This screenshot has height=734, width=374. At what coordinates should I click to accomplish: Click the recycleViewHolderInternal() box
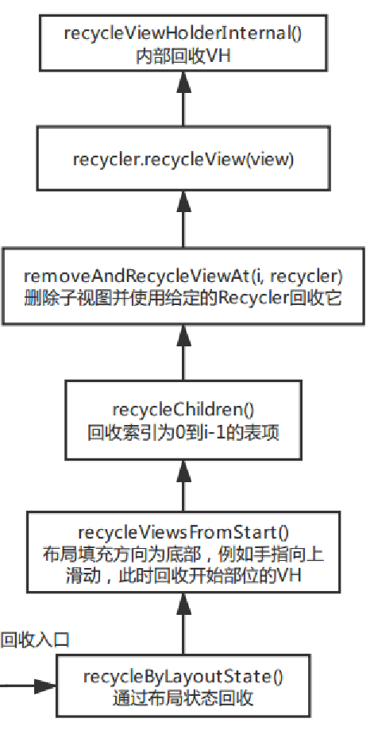(183, 44)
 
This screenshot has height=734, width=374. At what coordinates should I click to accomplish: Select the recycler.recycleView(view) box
(183, 160)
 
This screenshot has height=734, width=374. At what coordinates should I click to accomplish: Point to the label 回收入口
(35, 639)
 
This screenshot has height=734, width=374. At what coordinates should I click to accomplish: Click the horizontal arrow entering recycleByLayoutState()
(29, 684)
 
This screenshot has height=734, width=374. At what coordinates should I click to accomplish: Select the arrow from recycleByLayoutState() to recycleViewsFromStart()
(183, 623)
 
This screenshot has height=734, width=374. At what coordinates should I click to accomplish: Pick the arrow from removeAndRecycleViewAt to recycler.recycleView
(183, 218)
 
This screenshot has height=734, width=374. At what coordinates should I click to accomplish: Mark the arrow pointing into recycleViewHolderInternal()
(183, 99)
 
